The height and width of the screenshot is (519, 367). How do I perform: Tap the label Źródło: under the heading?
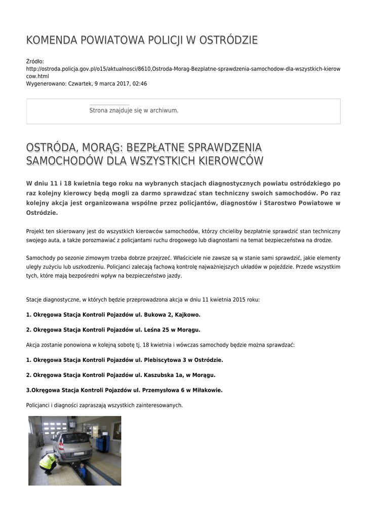(35, 61)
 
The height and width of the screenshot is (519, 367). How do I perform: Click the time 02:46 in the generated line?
(140, 84)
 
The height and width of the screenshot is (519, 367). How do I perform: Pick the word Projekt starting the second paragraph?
(36, 231)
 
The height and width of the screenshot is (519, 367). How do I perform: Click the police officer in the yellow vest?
(48, 462)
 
